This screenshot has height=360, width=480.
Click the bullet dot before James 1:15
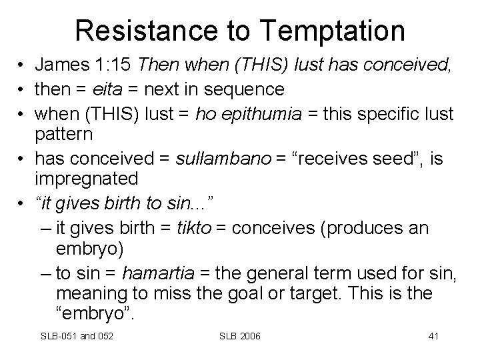pyautogui.click(x=23, y=65)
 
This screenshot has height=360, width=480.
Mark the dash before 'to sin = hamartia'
pyautogui.click(x=45, y=273)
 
